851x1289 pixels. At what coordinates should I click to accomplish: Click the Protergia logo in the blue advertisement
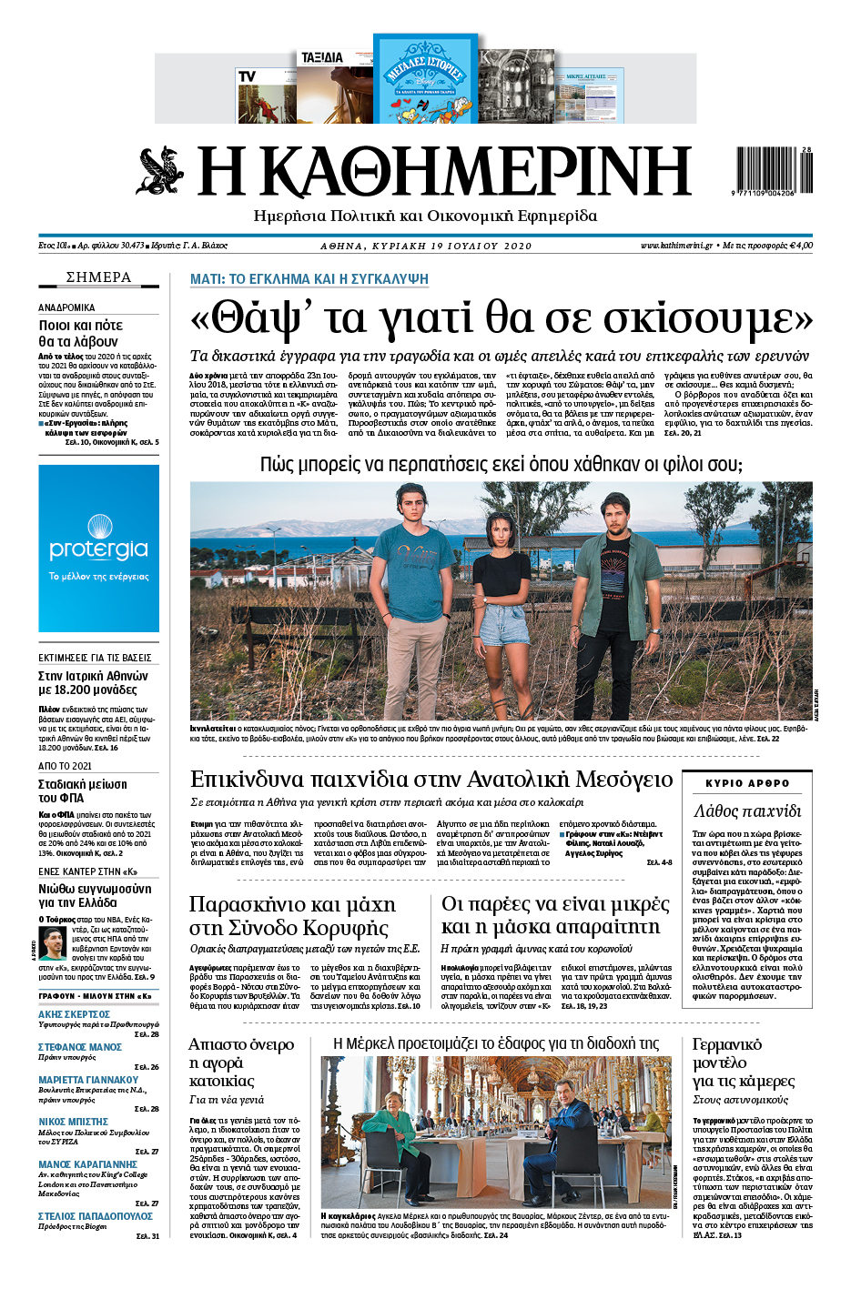point(98,549)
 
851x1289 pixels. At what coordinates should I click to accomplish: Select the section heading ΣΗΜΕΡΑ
point(98,277)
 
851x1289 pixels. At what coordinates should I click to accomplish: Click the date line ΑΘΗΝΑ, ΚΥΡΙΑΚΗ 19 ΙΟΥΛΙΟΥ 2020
point(426,246)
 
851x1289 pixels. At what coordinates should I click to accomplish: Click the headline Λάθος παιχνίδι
point(747,811)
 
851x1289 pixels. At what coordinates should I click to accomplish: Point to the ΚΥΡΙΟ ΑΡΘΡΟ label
point(747,783)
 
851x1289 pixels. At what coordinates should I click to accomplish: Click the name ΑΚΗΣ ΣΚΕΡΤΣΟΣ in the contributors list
point(75,1014)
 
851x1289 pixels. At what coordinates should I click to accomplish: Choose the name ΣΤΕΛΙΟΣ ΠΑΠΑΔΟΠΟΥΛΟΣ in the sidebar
point(96,1216)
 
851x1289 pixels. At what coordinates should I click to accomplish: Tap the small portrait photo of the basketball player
point(56,943)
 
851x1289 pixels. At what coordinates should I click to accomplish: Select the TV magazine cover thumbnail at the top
point(266,94)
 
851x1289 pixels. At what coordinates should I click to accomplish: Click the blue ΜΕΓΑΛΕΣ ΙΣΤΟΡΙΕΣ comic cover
point(425,79)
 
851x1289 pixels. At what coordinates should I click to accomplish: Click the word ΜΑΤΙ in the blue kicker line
point(206,279)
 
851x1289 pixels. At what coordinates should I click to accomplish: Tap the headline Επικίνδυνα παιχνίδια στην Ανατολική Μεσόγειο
point(431,779)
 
